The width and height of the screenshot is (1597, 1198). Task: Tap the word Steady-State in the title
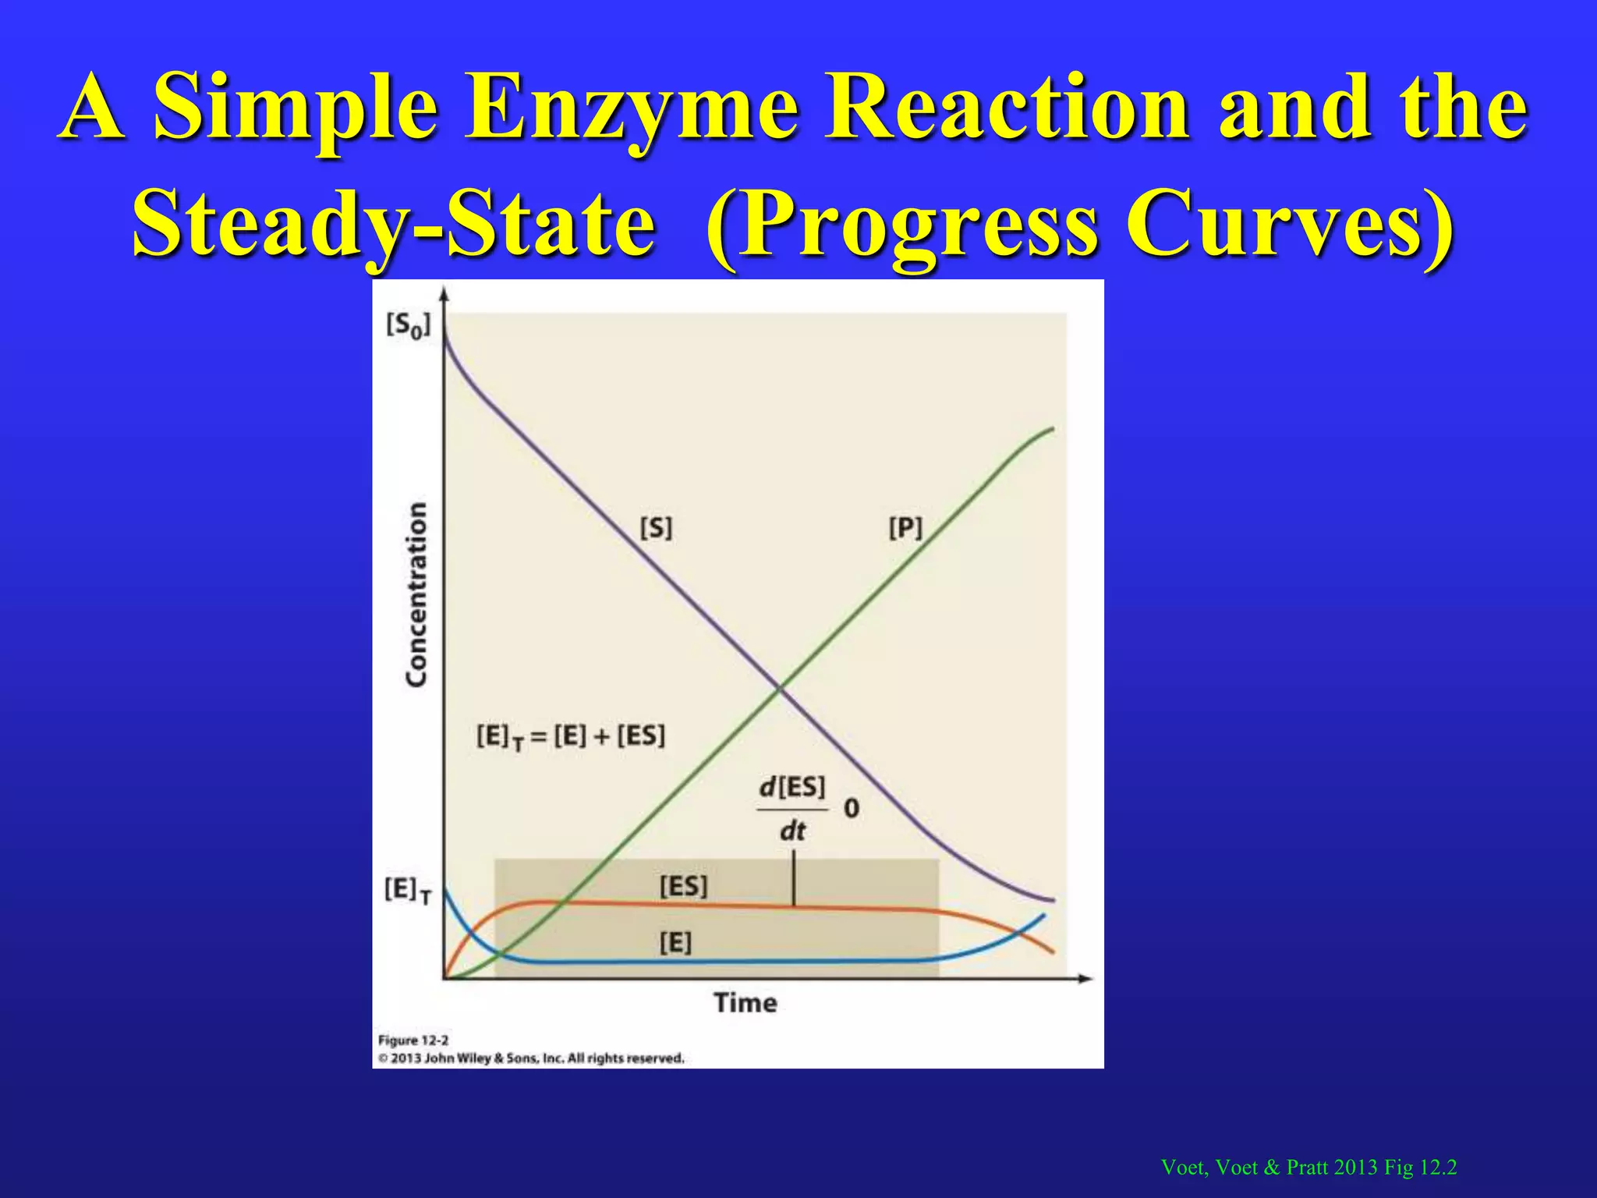point(394,223)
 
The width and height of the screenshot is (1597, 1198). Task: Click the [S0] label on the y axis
point(408,325)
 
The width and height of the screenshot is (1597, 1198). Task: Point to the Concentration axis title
point(417,594)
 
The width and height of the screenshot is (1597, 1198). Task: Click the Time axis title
point(745,1002)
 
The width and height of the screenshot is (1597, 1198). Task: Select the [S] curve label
point(656,528)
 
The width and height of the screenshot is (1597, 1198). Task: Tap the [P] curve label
point(905,528)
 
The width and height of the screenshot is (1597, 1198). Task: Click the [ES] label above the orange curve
point(683,886)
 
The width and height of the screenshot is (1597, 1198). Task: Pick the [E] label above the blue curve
point(675,943)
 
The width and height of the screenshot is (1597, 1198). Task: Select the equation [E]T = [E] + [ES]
point(571,736)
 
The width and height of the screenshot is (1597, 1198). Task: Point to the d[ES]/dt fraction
point(791,809)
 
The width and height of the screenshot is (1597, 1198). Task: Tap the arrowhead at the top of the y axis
point(444,294)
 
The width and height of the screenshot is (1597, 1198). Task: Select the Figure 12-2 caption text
point(413,1040)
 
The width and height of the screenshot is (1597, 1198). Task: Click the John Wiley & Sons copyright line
point(531,1058)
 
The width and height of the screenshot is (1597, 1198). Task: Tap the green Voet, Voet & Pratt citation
point(1308,1167)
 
